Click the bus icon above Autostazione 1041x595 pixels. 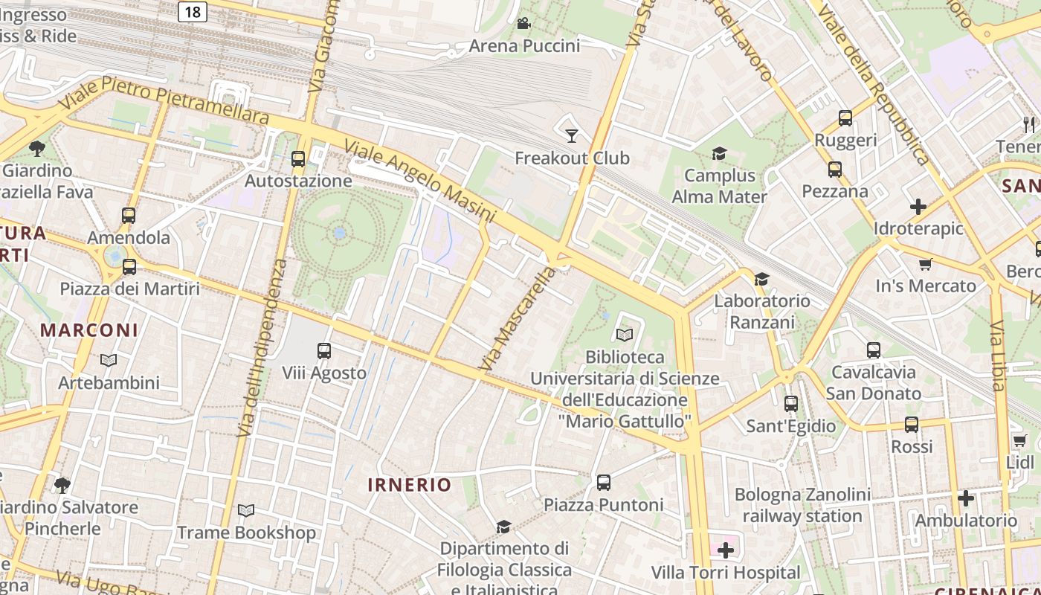pyautogui.click(x=298, y=158)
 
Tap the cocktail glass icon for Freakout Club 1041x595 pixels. pyautogui.click(x=571, y=135)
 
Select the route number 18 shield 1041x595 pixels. pyautogui.click(x=193, y=11)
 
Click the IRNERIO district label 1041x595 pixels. pyautogui.click(x=410, y=485)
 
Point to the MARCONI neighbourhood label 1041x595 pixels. pyautogui.click(x=89, y=330)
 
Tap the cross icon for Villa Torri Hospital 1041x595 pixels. pyautogui.click(x=725, y=550)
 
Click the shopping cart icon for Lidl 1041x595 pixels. pyautogui.click(x=1019, y=441)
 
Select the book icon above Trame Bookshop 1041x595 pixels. pyautogui.click(x=246, y=511)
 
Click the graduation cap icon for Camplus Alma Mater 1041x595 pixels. pyautogui.click(x=719, y=154)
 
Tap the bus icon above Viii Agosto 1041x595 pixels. pyautogui.click(x=323, y=350)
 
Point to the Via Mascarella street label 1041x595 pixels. pyautogui.click(x=518, y=320)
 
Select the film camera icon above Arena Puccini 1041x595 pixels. pyautogui.click(x=523, y=23)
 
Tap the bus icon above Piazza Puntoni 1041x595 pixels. pyautogui.click(x=604, y=483)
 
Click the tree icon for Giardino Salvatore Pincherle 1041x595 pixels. pyautogui.click(x=62, y=486)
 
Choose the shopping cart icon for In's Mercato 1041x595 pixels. pyautogui.click(x=926, y=264)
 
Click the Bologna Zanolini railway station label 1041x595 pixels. pyautogui.click(x=802, y=505)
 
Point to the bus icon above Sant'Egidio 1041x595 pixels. pyautogui.click(x=791, y=404)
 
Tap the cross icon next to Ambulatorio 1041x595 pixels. pyautogui.click(x=965, y=498)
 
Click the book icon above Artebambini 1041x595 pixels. pyautogui.click(x=109, y=361)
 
